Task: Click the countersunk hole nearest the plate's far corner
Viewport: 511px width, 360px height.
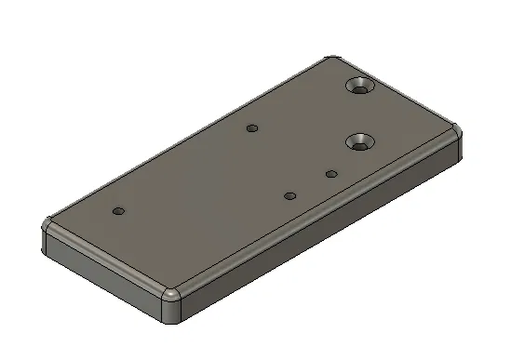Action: pyautogui.click(x=359, y=87)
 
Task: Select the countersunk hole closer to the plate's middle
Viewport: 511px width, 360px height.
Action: pyautogui.click(x=360, y=142)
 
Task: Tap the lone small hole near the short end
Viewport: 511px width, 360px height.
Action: pyautogui.click(x=117, y=211)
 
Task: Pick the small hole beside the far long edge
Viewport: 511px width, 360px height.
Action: pyautogui.click(x=251, y=127)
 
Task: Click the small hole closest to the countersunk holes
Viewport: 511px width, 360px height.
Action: pyautogui.click(x=330, y=173)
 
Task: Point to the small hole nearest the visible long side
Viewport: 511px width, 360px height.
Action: pyautogui.click(x=289, y=196)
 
